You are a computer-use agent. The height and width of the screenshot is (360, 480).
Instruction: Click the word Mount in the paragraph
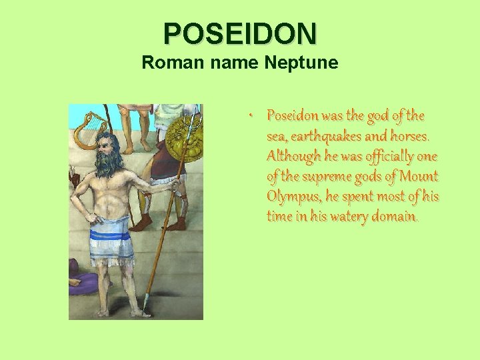[x=417, y=177]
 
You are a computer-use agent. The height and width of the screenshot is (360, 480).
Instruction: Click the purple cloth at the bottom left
[x=83, y=281]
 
